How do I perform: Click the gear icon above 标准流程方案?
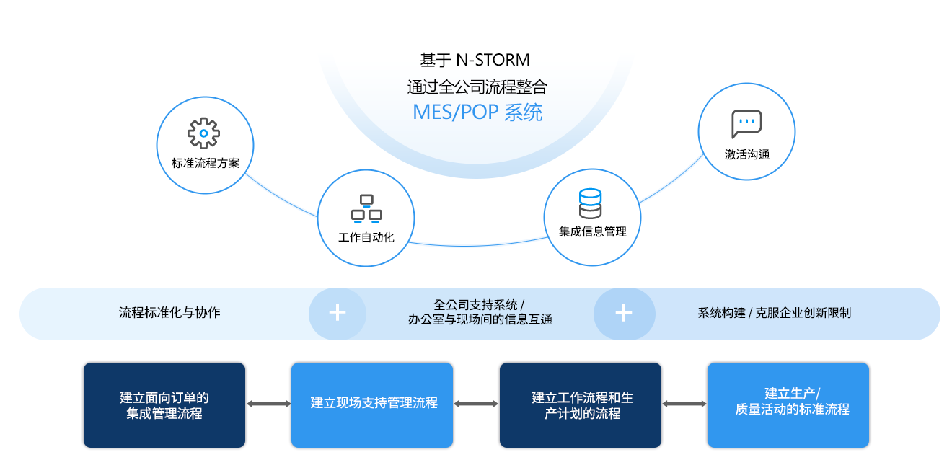pos(204,133)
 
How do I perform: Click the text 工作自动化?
pos(366,237)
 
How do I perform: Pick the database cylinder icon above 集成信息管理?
pos(590,203)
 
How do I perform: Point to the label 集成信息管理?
pos(592,231)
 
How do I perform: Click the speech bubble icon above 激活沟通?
pos(746,124)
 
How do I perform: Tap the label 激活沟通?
pos(746,154)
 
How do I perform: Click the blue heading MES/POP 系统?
pos(477,112)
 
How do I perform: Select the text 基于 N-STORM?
pos(475,59)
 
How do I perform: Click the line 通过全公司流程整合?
pos(477,87)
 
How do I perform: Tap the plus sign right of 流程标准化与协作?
pos(338,313)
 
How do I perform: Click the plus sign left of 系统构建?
pos(624,313)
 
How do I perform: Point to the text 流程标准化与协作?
pos(169,313)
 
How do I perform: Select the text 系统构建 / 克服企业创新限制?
pos(774,313)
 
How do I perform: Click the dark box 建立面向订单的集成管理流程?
pos(164,405)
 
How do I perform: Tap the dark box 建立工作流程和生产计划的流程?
pos(581,405)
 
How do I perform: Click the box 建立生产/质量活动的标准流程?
pos(788,405)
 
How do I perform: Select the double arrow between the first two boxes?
pos(268,404)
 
